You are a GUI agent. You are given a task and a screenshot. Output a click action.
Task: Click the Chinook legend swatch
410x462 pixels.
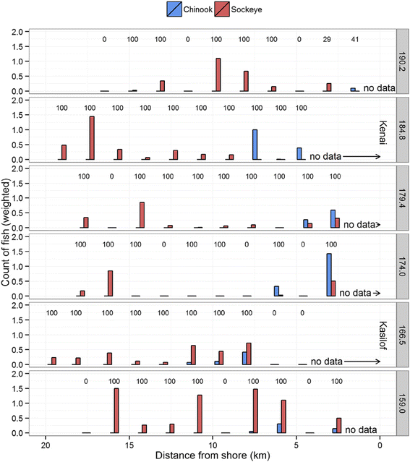click(174, 9)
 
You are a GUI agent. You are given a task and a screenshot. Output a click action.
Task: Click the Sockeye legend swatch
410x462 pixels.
click(222, 9)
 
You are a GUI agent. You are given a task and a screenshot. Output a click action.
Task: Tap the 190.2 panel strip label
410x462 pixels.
click(402, 61)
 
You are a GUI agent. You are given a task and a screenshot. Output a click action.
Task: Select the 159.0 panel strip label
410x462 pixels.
click(402, 403)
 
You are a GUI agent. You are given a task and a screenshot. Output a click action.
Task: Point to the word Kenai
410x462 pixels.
click(383, 132)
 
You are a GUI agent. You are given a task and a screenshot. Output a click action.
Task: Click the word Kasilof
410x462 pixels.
click(383, 335)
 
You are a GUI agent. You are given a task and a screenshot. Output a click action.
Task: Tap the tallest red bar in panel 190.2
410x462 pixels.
click(218, 75)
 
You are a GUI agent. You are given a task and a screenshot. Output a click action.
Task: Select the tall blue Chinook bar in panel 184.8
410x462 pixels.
click(255, 145)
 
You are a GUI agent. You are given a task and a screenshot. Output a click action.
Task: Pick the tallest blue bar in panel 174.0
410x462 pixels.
click(329, 275)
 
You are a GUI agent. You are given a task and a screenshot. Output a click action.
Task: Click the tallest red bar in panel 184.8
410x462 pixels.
click(92, 138)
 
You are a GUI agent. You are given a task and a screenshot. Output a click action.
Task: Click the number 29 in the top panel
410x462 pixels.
click(327, 39)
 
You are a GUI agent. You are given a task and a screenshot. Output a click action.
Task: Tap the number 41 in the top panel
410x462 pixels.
click(355, 39)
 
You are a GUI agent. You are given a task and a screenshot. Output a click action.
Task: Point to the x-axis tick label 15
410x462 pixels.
click(129, 445)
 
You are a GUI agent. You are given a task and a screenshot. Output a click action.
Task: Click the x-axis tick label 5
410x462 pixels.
click(296, 445)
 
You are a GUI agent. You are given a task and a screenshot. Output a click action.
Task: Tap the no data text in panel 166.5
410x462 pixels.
click(327, 362)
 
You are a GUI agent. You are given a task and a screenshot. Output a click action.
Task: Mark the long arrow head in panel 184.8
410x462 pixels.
click(377, 156)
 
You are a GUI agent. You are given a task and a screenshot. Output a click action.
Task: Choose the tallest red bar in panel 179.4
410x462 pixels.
click(142, 215)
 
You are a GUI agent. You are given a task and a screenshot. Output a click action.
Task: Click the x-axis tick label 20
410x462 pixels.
click(46, 445)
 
